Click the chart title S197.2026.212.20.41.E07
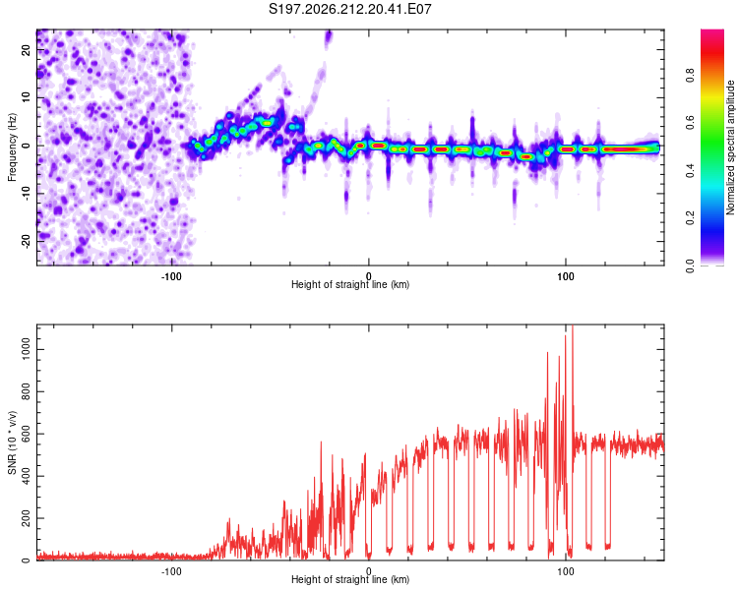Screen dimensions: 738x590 pos(349,9)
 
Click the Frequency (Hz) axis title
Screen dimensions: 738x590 pos(12,147)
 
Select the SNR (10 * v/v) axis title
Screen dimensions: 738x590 pos(12,442)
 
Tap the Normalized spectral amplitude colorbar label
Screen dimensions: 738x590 pos(730,147)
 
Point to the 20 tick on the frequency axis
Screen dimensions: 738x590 pos(27,50)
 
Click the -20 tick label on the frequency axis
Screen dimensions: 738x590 pos(27,242)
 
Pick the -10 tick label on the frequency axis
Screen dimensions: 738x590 pos(27,194)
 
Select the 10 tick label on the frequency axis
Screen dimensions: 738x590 pos(27,98)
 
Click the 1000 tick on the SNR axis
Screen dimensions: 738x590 pos(27,350)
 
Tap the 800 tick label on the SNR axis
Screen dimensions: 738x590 pos(27,391)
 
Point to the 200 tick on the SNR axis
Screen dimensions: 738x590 pos(27,518)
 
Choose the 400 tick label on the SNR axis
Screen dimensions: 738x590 pos(27,476)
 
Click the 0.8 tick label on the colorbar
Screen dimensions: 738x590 pos(690,76)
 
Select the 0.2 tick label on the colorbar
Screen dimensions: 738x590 pos(690,218)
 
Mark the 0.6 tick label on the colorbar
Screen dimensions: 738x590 pos(690,123)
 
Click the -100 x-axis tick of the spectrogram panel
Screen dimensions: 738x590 pos(171,276)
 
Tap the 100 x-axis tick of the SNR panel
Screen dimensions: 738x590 pos(565,571)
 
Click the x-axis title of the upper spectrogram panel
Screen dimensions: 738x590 pos(350,284)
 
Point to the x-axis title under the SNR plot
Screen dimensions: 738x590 pos(350,579)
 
